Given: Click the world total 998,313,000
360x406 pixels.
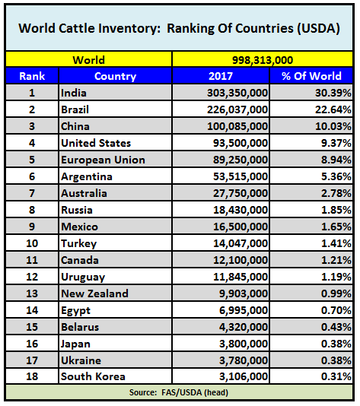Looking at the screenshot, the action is [x=263, y=60].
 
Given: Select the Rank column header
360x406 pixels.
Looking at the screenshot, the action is [x=32, y=76].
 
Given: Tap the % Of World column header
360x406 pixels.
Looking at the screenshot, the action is [x=311, y=76].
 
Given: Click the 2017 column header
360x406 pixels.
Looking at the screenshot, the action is [x=221, y=76].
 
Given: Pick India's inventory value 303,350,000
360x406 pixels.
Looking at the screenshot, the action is [x=237, y=93].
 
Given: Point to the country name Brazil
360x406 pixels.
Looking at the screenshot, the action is [x=75, y=109].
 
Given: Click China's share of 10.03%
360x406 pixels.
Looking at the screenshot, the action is [x=333, y=126].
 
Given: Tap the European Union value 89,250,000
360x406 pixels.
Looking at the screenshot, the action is [x=241, y=160].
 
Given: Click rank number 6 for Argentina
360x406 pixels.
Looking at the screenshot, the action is [x=32, y=176].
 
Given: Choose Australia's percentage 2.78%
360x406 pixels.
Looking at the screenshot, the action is [x=336, y=193].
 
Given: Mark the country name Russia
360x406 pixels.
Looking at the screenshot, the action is [x=77, y=210].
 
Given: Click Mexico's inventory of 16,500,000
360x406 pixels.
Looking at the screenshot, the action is [x=241, y=227].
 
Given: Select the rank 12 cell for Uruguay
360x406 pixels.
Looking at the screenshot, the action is [x=32, y=277].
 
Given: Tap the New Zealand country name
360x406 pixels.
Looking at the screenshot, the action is [x=94, y=293].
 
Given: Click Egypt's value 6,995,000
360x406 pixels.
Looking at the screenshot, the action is [x=244, y=310].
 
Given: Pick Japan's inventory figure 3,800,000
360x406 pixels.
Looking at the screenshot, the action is [x=244, y=344].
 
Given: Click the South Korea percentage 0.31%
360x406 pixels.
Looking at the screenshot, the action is [x=336, y=376].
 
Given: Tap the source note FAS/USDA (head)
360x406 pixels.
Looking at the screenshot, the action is [x=195, y=392].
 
